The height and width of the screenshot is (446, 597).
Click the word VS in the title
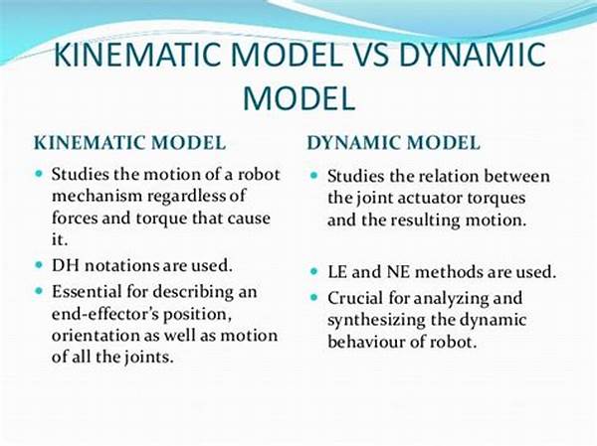point(364,54)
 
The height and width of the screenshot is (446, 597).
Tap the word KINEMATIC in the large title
point(138,54)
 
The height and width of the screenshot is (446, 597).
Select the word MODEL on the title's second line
point(298,97)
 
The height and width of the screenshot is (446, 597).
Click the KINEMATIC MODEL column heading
point(129,143)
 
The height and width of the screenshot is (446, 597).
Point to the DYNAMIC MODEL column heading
point(393,143)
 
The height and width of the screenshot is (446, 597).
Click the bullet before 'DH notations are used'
point(39,264)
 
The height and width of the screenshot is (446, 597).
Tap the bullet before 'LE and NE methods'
point(313,271)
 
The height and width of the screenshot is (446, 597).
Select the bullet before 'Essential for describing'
point(39,291)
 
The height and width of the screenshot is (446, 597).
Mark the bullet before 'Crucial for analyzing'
point(313,297)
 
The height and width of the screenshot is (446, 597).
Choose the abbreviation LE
point(337,272)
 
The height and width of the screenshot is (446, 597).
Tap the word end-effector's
point(104,314)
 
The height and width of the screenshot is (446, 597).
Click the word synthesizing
point(376,321)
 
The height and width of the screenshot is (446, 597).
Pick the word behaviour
point(366,342)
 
